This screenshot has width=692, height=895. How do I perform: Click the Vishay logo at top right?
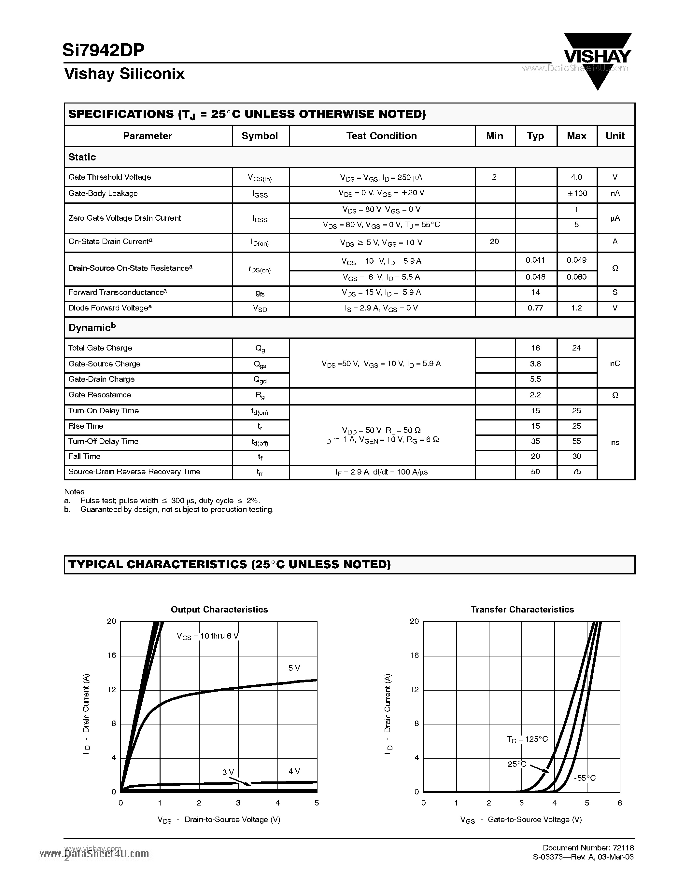pos(597,57)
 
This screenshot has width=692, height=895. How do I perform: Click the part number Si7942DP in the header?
pos(103,50)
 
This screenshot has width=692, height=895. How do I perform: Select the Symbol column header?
pos(260,136)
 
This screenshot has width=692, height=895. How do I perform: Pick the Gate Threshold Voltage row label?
pos(109,177)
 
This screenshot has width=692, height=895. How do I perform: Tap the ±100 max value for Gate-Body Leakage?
pos(577,193)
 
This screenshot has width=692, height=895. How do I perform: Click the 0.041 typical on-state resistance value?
pos(535,260)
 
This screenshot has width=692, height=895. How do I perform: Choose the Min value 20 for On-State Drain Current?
pos(494,242)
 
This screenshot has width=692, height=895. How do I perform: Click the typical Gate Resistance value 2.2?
pos(535,395)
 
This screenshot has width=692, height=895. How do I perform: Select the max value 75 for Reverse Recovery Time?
pos(576,472)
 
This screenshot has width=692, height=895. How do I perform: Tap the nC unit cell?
pos(615,364)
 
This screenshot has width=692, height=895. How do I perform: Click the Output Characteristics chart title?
pos(219,609)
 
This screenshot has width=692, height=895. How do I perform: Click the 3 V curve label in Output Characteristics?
pos(228,772)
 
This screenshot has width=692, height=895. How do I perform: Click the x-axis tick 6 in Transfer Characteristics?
pos(619,803)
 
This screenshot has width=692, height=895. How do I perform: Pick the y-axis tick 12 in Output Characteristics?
pos(111,689)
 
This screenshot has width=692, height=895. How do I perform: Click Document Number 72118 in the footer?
pos(588,847)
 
